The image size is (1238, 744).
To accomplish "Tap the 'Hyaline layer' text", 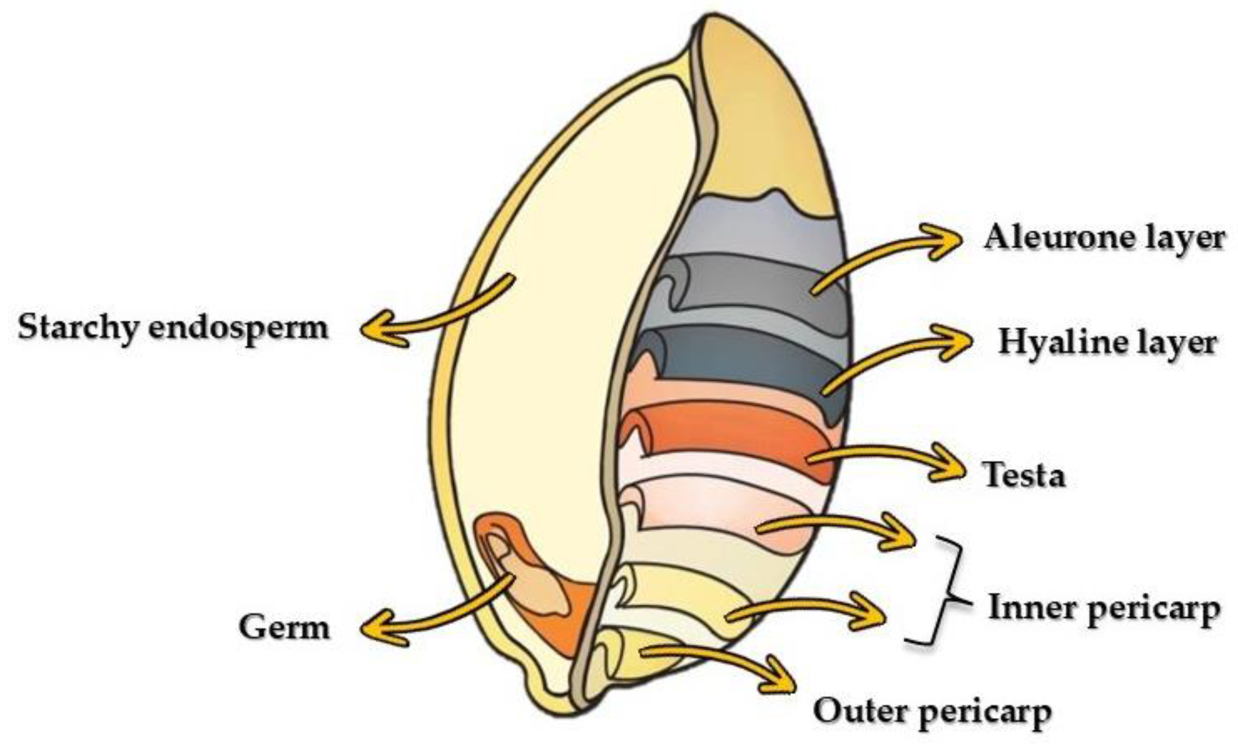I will pyautogui.click(x=1107, y=342).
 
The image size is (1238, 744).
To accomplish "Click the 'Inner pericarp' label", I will pyautogui.click(x=1104, y=608).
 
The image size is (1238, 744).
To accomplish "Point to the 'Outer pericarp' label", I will pyautogui.click(x=932, y=711).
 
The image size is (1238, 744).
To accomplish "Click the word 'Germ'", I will pyautogui.click(x=284, y=628).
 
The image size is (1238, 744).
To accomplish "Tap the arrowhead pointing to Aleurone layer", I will pyautogui.click(x=946, y=241).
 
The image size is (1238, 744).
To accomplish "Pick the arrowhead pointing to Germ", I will pyautogui.click(x=379, y=629).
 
